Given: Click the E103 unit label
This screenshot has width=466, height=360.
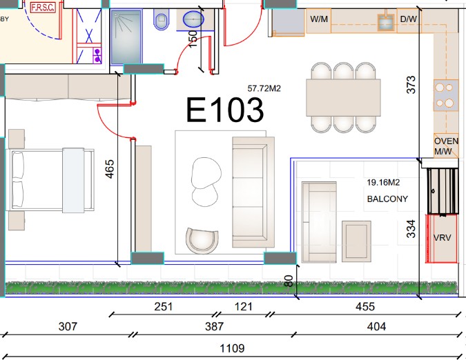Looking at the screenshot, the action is pyautogui.click(x=224, y=110).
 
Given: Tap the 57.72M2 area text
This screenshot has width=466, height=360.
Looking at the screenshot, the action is pyautogui.click(x=264, y=88).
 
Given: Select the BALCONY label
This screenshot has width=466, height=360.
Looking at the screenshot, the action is pyautogui.click(x=387, y=199).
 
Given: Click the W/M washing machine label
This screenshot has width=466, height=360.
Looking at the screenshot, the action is pyautogui.click(x=319, y=19).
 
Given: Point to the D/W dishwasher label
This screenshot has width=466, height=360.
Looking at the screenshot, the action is pyautogui.click(x=408, y=19).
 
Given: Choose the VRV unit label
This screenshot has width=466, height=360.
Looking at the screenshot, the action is pyautogui.click(x=442, y=238).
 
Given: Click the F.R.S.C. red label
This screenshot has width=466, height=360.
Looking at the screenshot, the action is pyautogui.click(x=43, y=8).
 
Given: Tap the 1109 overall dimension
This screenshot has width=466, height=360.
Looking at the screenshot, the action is pyautogui.click(x=232, y=348).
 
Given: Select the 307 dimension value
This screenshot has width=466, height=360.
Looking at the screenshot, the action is pyautogui.click(x=68, y=326).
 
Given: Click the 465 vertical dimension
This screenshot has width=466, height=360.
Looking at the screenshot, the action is pyautogui.click(x=110, y=169).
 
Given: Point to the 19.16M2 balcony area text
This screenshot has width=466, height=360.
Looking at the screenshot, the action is pyautogui.click(x=383, y=182).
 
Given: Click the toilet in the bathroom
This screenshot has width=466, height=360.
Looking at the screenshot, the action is pyautogui.click(x=161, y=19).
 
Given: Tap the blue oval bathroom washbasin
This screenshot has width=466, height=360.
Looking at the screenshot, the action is pyautogui.click(x=193, y=19).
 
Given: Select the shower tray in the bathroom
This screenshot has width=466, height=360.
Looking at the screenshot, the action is pyautogui.click(x=126, y=37).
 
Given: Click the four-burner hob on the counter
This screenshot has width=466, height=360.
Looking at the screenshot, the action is pyautogui.click(x=445, y=95).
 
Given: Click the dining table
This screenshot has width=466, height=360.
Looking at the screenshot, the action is pyautogui.click(x=343, y=97).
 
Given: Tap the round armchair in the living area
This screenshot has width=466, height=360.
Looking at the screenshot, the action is pyautogui.click(x=202, y=241).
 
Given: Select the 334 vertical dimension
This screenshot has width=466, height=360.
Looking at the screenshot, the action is pyautogui.click(x=411, y=228).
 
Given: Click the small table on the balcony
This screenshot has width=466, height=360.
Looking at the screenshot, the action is pyautogui.click(x=356, y=241).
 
